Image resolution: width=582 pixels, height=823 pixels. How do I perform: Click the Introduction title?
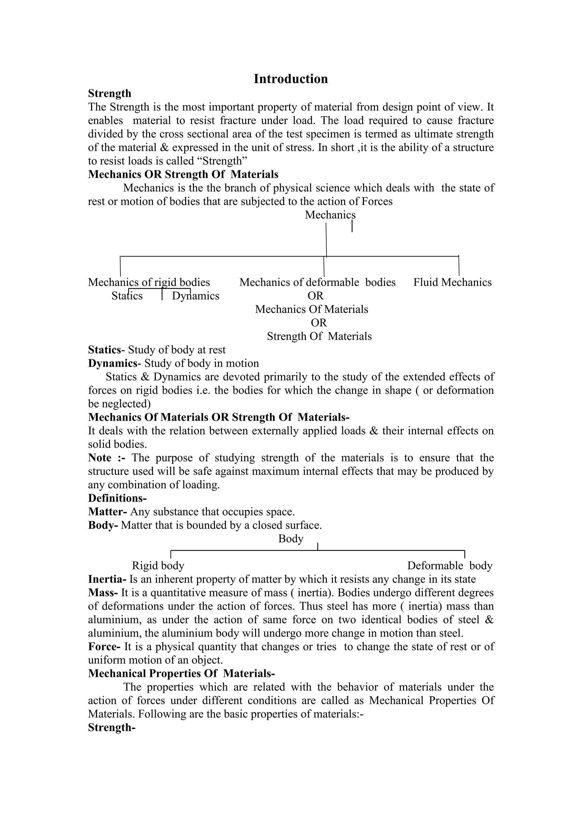(291, 79)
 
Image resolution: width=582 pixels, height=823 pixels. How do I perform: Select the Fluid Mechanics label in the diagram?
(452, 282)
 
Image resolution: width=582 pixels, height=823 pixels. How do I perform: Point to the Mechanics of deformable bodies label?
(317, 282)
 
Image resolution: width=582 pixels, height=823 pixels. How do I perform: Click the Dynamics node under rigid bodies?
(196, 296)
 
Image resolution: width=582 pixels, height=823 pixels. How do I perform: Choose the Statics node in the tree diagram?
(127, 296)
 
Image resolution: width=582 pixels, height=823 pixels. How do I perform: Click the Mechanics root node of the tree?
(330, 215)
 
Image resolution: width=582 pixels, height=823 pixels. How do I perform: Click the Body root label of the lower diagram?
(291, 539)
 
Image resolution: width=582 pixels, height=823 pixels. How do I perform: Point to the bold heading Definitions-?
(117, 498)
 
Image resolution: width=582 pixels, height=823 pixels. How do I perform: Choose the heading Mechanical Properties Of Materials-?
(181, 674)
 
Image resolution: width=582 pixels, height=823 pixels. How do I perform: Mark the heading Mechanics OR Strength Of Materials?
(183, 174)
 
